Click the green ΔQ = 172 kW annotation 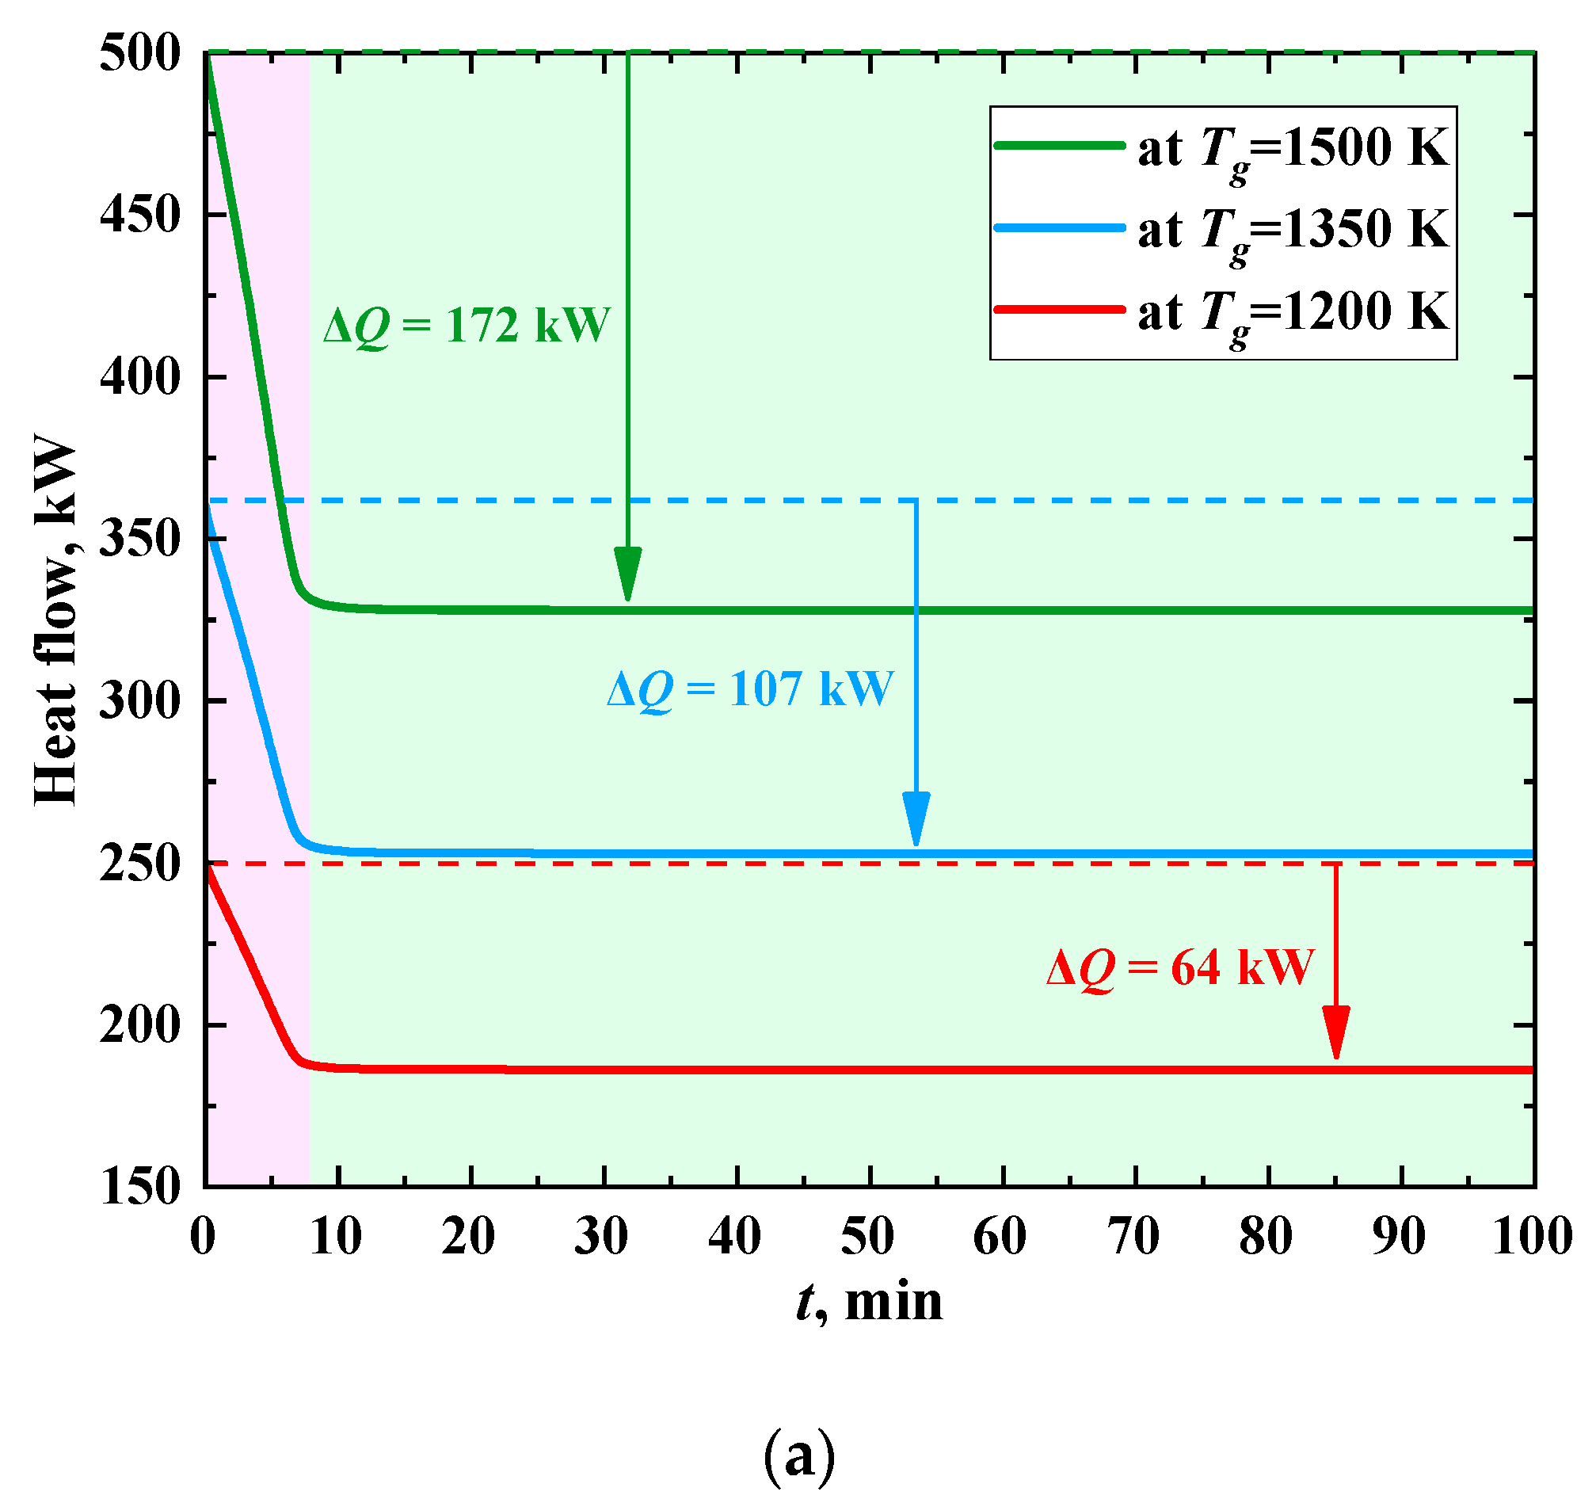pyautogui.click(x=467, y=326)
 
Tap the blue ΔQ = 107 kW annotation pyautogui.click(x=750, y=689)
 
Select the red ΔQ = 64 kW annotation pyautogui.click(x=1180, y=967)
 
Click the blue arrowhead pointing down pyautogui.click(x=916, y=819)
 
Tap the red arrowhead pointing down pyautogui.click(x=1336, y=1033)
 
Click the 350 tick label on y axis pyautogui.click(x=139, y=539)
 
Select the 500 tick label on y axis pyautogui.click(x=139, y=55)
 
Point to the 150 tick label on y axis pyautogui.click(x=139, y=1187)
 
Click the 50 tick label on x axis pyautogui.click(x=868, y=1236)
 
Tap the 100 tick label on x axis pyautogui.click(x=1532, y=1236)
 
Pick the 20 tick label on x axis pyautogui.click(x=468, y=1236)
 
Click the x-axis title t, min pyautogui.click(x=869, y=1302)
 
